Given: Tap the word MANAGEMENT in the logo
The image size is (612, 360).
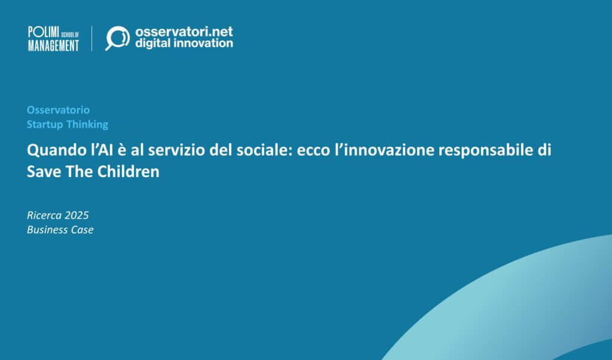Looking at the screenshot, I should coord(53,45).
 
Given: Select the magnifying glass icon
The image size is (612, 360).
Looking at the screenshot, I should coord(117,38).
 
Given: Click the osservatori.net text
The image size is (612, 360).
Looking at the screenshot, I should coord(183,31).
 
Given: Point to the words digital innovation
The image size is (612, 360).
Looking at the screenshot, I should coord(183,44).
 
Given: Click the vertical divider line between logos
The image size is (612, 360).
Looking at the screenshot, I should coord(91,38).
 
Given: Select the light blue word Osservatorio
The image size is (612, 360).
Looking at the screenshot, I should coord(58,110).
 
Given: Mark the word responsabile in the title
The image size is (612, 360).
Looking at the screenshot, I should coord(482,150).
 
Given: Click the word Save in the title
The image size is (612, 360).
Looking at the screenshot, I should coord(42,172).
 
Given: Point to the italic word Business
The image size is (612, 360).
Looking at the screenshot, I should coord(48,230).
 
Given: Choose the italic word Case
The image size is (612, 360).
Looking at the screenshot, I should coord(82,230).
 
